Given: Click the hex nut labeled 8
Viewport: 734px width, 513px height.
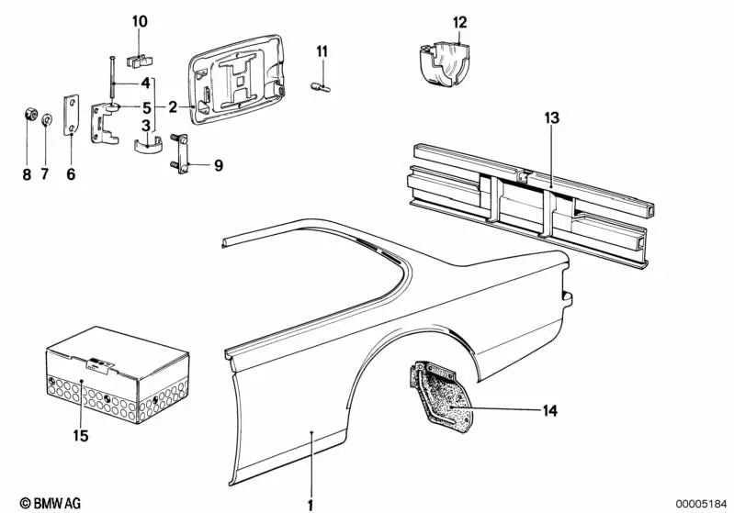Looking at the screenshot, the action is [x=30, y=115].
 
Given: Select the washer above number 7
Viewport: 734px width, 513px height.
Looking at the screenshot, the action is [x=47, y=119].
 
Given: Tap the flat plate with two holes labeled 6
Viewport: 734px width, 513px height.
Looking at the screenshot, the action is [x=71, y=116].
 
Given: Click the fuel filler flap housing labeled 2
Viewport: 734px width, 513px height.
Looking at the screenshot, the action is [x=237, y=80].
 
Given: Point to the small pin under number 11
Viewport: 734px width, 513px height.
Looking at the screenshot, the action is [x=321, y=87].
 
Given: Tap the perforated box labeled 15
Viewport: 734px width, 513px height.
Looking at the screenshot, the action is [x=117, y=374].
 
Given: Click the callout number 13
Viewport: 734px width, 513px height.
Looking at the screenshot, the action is [x=552, y=117].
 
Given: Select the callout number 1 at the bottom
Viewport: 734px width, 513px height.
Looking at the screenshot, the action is [x=310, y=505].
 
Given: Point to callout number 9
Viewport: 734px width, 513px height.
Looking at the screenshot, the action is [x=219, y=165].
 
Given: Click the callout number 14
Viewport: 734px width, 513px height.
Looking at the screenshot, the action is [x=550, y=410].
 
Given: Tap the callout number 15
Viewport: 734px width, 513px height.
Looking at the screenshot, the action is [x=81, y=436].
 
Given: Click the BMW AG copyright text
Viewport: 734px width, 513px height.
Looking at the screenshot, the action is [x=51, y=503].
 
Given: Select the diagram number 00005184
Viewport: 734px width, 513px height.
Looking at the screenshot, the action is [x=701, y=504].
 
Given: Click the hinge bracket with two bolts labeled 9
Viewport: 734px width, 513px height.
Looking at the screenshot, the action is [x=180, y=153].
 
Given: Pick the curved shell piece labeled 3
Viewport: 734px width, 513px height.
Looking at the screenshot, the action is [x=148, y=144].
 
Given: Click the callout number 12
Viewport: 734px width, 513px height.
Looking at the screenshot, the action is [x=459, y=22].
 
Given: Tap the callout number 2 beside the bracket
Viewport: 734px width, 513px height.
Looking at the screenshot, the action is [x=173, y=107].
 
